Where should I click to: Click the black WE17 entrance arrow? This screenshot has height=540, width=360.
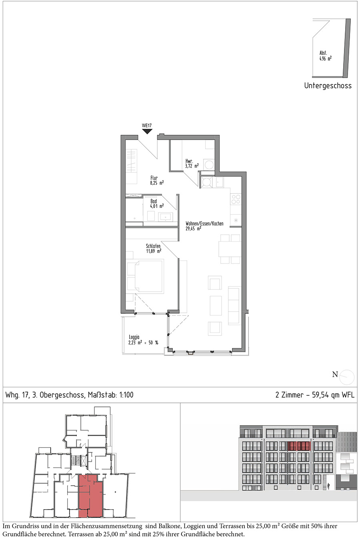(147, 131)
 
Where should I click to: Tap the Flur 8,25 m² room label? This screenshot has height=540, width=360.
(157, 180)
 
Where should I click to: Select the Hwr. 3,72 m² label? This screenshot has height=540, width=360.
(192, 163)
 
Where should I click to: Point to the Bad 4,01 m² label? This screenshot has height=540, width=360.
(157, 204)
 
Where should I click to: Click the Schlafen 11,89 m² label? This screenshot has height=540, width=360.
(153, 248)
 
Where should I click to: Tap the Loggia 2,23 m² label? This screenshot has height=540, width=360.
(143, 340)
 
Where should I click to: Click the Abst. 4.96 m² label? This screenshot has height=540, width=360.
(325, 56)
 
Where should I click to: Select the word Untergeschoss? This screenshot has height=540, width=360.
(328, 86)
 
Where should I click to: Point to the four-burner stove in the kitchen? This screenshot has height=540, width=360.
(236, 199)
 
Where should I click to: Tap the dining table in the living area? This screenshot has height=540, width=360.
(229, 249)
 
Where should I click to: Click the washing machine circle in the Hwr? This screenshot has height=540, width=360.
(209, 165)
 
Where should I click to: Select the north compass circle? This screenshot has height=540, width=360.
(347, 377)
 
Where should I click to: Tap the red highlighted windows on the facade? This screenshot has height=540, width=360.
(299, 446)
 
